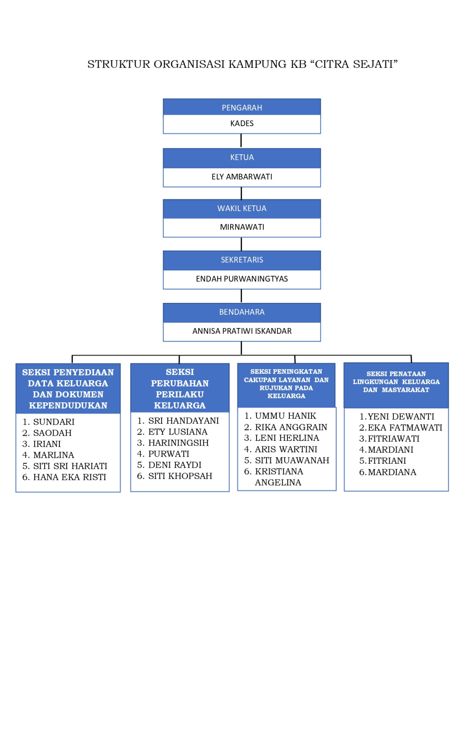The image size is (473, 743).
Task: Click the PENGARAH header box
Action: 242,107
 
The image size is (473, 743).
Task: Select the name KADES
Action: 242,123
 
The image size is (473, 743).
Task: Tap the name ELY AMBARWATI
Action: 242,177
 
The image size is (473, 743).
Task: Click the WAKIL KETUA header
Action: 242,208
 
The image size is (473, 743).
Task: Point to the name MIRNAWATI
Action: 242,227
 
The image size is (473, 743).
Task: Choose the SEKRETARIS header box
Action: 242,260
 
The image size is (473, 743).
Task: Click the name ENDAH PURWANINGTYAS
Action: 242,279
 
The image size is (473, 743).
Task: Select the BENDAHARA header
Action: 242,312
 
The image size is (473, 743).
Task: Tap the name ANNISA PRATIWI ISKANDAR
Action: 242,331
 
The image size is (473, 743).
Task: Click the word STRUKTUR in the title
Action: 119,64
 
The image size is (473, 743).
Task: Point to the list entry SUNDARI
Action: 54,422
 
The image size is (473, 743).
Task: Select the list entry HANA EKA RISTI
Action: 69,477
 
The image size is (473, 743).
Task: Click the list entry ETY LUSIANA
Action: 177,432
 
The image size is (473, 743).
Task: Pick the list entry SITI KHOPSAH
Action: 180,476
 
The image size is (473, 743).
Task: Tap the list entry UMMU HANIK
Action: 285,416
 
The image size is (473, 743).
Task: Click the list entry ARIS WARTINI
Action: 286,449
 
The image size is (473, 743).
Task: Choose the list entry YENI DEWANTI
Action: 400,416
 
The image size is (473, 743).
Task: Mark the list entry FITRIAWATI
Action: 393,438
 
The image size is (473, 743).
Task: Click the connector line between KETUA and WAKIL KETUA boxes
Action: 241,193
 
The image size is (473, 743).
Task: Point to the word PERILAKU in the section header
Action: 180,394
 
